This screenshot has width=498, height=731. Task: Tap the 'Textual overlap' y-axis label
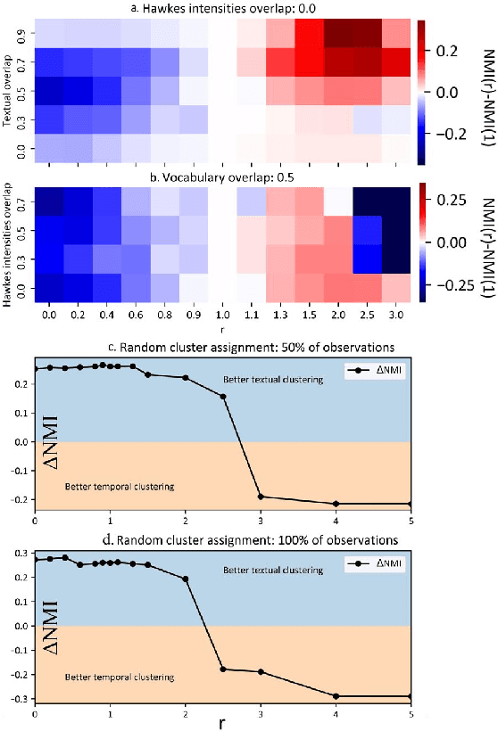click(9, 90)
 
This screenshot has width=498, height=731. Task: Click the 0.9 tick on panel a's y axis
click(22, 33)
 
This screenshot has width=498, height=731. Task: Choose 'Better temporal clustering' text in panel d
click(120, 678)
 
